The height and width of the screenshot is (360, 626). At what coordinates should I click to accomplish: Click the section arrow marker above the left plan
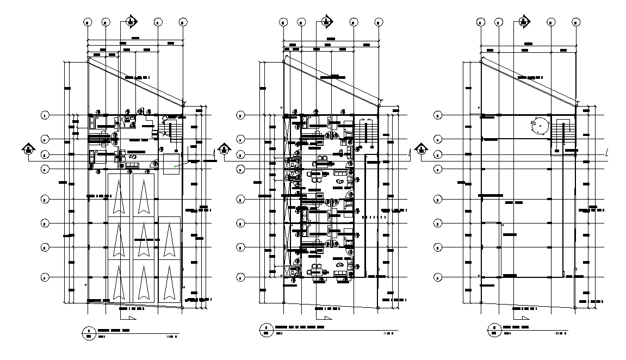(x=131, y=21)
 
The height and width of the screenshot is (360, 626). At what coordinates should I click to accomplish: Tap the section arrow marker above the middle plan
(x=326, y=21)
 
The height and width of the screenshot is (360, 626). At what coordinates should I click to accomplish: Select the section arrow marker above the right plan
(x=523, y=21)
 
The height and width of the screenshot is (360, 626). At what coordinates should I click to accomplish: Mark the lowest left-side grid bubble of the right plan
(x=438, y=277)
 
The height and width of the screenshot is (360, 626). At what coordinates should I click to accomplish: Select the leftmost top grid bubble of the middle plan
(x=283, y=22)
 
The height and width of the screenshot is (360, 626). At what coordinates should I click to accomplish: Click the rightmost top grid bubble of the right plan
(x=577, y=22)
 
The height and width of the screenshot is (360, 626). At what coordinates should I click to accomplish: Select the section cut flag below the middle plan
(x=326, y=318)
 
